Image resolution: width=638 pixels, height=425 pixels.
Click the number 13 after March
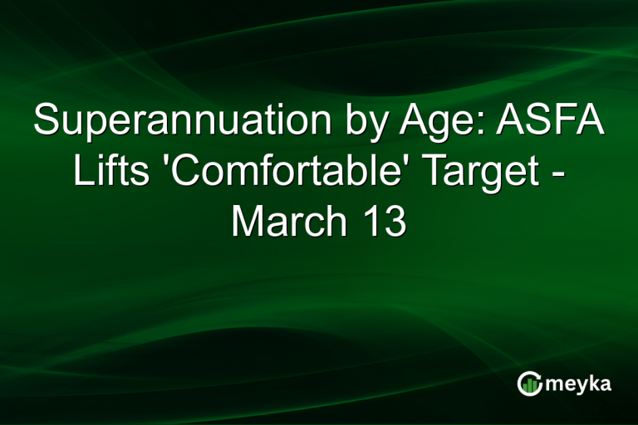[381, 221]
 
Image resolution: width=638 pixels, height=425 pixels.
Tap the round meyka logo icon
[530, 383]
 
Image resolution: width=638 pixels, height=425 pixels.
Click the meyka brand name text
[580, 383]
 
